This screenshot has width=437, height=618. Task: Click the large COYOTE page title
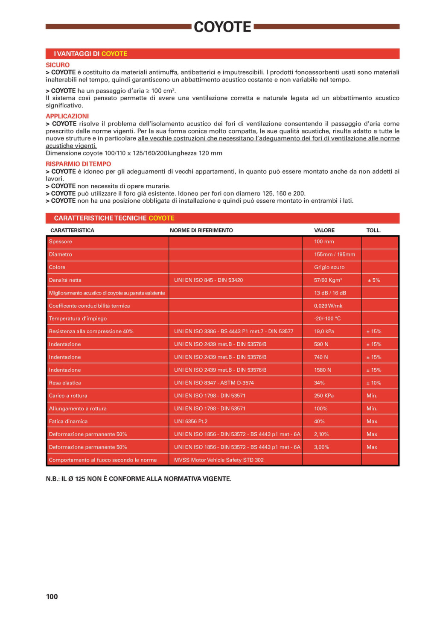coord(222,27)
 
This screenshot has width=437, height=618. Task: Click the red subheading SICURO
coord(58,65)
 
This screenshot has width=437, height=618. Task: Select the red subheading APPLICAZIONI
coord(67,116)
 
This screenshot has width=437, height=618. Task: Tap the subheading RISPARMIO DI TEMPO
coord(78,164)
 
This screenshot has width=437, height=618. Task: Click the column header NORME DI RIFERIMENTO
coord(201,230)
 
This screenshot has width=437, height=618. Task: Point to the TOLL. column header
coord(373,230)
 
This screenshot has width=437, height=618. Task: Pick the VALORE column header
coord(324,230)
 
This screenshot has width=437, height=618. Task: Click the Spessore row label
coord(61,242)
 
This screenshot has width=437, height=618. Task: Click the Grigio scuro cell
coord(329,267)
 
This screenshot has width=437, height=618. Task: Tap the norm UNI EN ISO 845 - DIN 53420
coord(208,280)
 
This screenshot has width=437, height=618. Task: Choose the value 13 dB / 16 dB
coord(330,293)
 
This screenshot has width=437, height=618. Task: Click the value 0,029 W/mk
coord(328,306)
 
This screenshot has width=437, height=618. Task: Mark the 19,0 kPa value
coord(324,331)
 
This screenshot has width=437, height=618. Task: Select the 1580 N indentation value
coord(323,370)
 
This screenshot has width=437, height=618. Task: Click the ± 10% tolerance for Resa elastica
coord(374,383)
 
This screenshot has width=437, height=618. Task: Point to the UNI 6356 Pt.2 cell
coord(191,421)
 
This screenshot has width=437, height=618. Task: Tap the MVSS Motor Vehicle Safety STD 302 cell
coord(218,460)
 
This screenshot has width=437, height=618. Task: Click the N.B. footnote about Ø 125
coord(138,479)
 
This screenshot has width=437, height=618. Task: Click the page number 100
coord(52,597)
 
